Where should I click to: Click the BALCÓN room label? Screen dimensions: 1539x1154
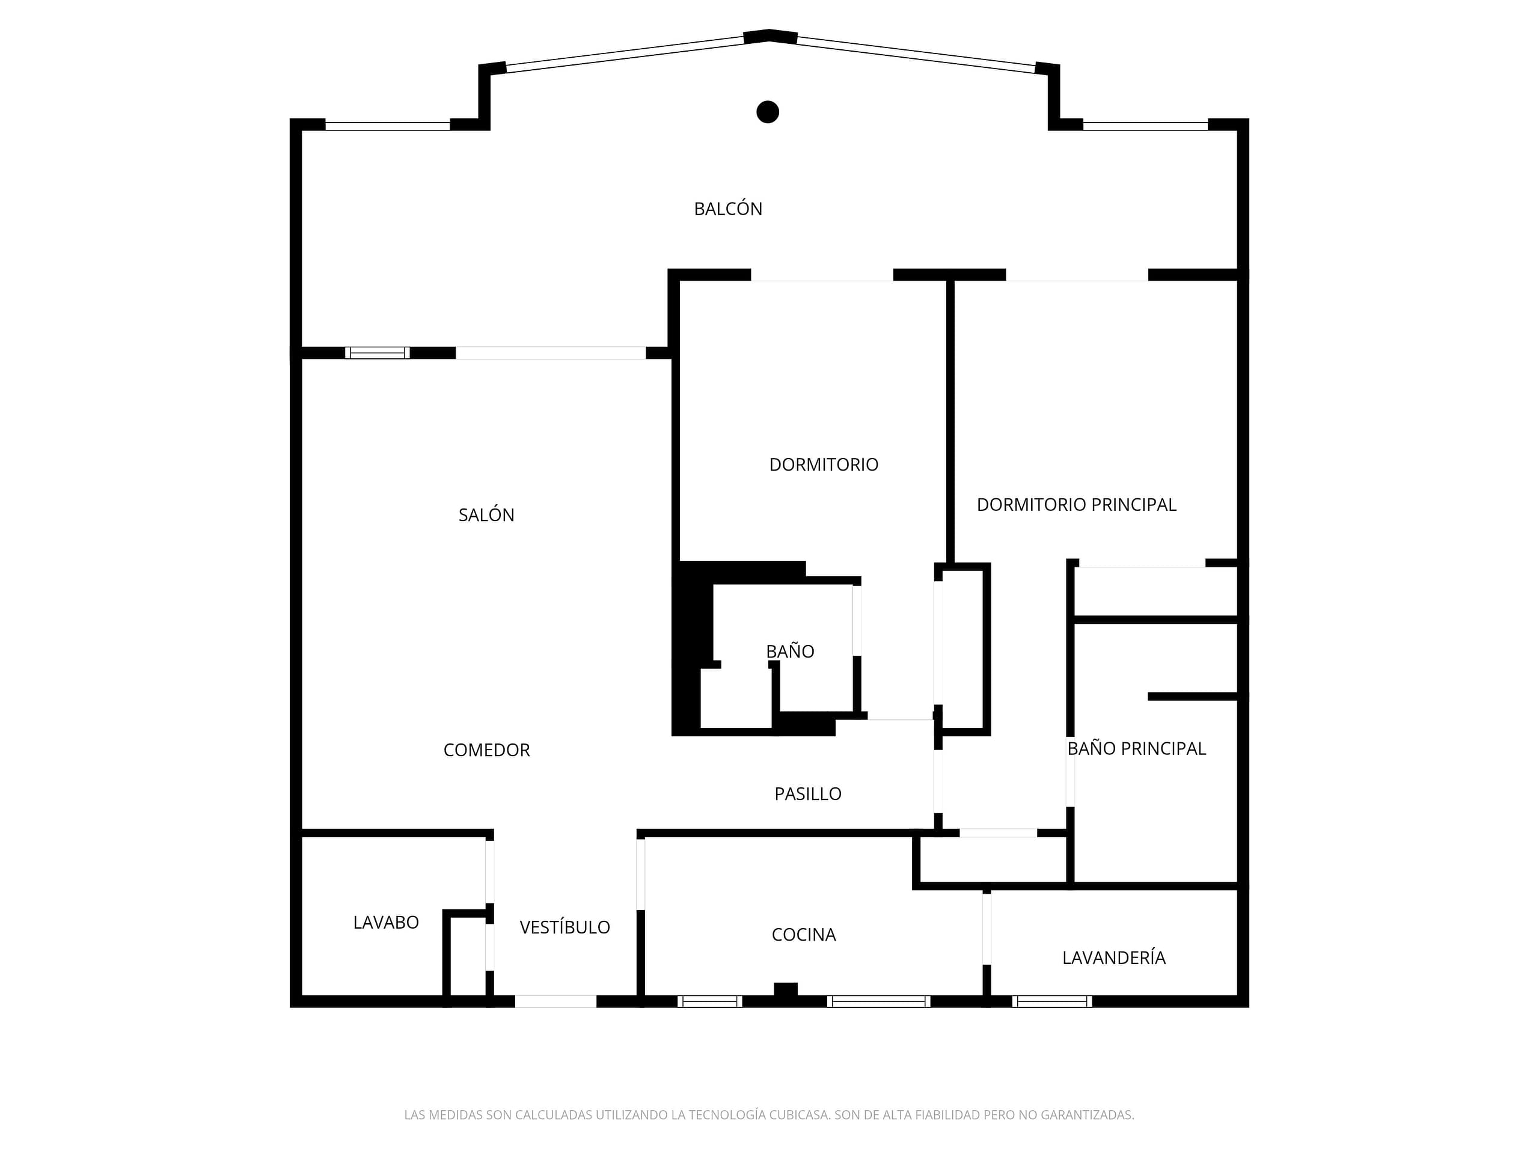728,209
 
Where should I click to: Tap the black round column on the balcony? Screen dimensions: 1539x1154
768,112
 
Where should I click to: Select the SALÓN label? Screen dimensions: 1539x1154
486,514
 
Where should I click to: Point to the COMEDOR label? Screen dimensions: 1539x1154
486,750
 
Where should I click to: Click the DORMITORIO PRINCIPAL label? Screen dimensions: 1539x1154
1076,504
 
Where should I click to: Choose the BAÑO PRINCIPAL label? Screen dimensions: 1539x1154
1136,748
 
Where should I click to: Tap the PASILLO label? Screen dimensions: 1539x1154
808,794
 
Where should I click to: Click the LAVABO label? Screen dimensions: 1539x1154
385,923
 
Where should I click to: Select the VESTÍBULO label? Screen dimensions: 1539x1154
565,927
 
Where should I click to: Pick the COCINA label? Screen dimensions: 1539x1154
804,934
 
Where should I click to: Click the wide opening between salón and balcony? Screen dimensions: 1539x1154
550,353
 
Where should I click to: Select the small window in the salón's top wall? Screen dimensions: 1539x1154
377,353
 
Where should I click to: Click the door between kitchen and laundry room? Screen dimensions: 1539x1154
987,929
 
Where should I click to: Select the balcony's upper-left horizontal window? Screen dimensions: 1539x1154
388,126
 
